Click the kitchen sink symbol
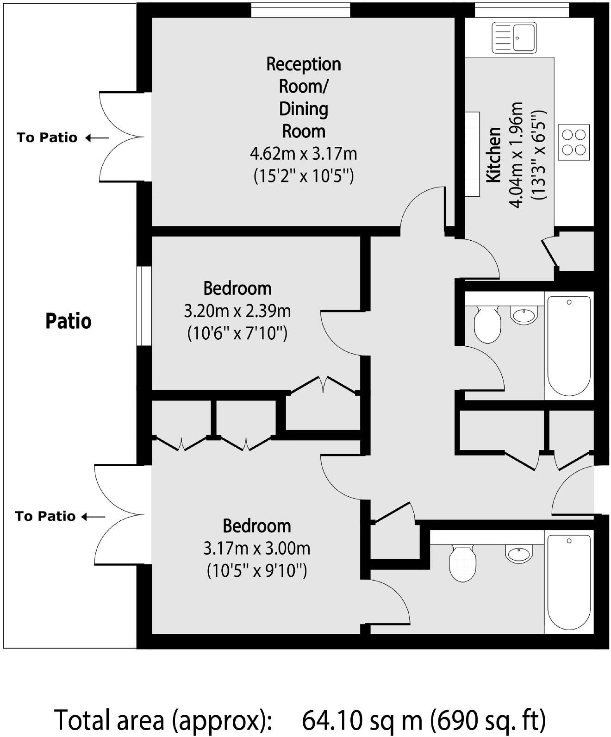pos(513,37)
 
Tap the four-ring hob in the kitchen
pos(574,142)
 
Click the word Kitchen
pos(493,155)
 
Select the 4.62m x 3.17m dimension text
pos(303,153)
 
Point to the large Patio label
pos(69,321)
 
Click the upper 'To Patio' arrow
pos(98,137)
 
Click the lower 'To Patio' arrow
pos(94,516)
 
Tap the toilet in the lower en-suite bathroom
pos(462,562)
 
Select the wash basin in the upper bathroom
pos(524,315)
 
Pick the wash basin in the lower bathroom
pos(518,553)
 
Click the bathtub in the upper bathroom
pos(569,346)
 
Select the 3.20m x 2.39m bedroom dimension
pos(237,311)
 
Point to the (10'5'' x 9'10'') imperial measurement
pos(257,570)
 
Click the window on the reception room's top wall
pos(300,10)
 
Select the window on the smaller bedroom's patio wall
pos(144,306)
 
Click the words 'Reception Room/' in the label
pos(303,75)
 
